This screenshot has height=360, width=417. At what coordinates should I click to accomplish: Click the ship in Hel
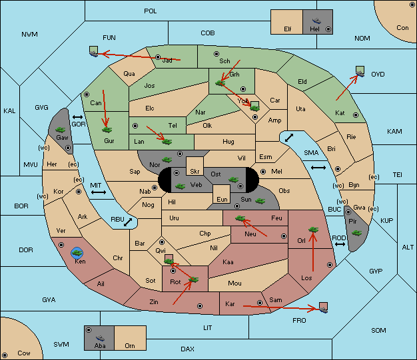pos(316,21)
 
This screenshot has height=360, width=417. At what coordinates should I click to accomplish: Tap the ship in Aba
pos(100,337)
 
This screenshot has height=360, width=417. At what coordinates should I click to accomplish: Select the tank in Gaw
pos(61,130)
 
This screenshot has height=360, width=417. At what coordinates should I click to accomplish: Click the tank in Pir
pos(356,233)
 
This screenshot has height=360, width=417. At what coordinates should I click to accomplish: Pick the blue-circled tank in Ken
pos(77,253)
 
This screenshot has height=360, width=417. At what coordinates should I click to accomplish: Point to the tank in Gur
pos(107,130)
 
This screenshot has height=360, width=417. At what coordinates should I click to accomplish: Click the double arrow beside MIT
pos(99,192)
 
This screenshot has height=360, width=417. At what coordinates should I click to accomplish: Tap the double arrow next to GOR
pos(77,117)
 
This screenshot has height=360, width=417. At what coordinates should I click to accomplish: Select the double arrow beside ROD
pos(340,244)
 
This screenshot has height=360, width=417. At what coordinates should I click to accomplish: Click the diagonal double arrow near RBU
pos(128,222)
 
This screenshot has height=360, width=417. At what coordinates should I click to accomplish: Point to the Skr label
pos(195,172)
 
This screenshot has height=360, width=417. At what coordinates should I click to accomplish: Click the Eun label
pos(222,199)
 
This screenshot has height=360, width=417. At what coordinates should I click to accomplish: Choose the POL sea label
pos(151,11)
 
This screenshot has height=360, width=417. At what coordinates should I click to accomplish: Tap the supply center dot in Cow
pos(5,355)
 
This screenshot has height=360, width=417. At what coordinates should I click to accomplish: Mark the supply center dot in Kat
pos(356,115)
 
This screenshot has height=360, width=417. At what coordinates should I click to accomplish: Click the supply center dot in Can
pos(87,94)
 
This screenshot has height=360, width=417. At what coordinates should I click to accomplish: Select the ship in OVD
pos(360,74)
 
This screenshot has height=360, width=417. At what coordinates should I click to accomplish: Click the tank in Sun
pos(260,201)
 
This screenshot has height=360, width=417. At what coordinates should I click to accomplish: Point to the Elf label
pos(288,29)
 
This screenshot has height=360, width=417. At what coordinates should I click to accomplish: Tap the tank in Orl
pos(313,230)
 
